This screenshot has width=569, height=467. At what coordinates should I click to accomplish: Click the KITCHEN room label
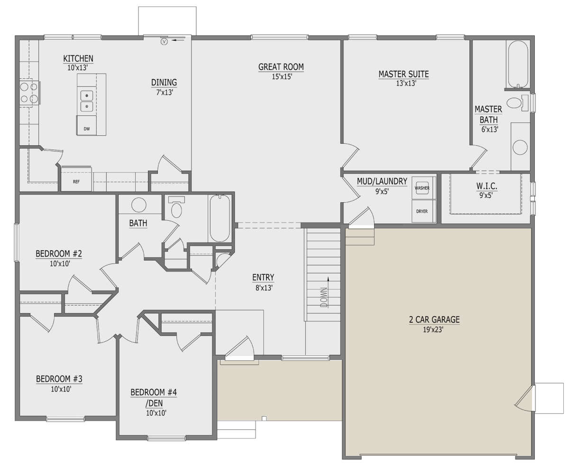pos(78,58)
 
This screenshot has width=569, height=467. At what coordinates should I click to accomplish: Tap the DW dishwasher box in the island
pos(86,128)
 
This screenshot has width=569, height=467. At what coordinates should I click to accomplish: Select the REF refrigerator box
pos(76,181)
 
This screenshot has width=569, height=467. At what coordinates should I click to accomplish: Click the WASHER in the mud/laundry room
pos(422,187)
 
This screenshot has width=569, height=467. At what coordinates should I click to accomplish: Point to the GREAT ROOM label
pos(281,67)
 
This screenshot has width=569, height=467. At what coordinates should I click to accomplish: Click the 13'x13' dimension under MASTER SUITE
pos(404,83)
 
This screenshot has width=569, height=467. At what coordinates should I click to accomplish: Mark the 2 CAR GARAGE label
pos(434,319)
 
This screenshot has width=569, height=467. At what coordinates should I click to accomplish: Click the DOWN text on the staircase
pos(324,298)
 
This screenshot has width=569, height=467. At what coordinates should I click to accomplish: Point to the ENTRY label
pos(263,278)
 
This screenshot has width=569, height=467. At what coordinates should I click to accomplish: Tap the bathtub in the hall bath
pos(220,218)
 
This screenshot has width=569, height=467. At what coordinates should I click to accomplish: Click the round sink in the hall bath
pos(139,205)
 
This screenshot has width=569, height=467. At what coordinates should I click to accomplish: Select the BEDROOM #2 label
pos(59,254)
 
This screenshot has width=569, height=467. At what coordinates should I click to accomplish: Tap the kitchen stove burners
pos(28,93)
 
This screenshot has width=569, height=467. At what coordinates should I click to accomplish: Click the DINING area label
pos(164,83)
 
